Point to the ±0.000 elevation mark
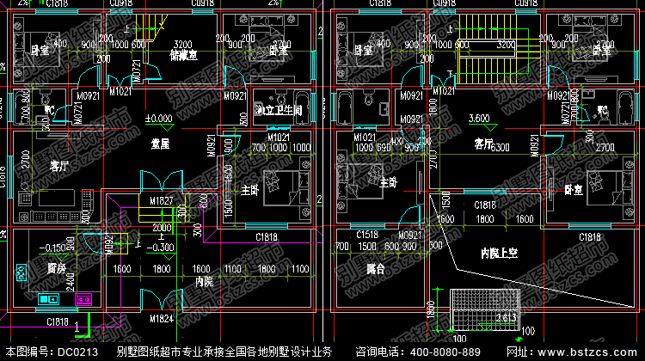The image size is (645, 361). pos(157,118)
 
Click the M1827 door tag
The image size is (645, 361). pos(163,200)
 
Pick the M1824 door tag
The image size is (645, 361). pos(162,319)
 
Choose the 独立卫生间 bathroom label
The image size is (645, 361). pos(278,110)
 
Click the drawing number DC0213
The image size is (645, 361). pos(76,352)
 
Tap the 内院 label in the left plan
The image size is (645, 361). pos(204,280)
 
